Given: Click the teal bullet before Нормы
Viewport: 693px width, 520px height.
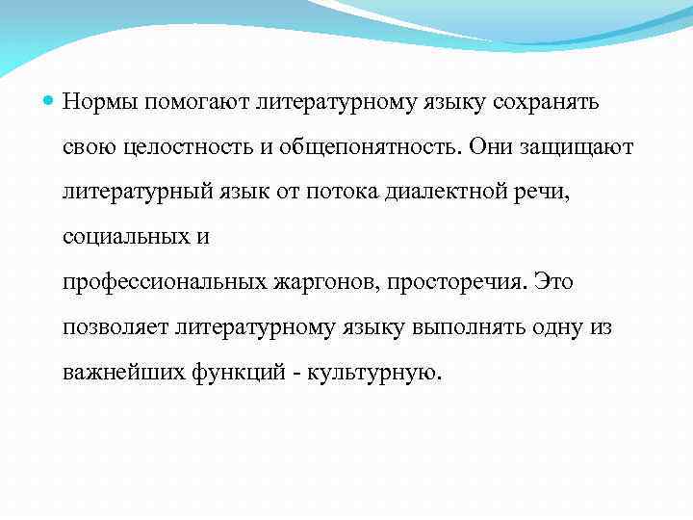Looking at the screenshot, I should pyautogui.click(x=50, y=100).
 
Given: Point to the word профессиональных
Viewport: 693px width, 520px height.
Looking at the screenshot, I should pyautogui.click(x=164, y=282).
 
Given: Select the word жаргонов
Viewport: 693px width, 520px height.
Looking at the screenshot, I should pyautogui.click(x=317, y=282).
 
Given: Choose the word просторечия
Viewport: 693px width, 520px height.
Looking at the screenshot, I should pyautogui.click(x=449, y=282).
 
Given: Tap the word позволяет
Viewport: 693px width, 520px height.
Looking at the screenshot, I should pyautogui.click(x=115, y=327).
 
